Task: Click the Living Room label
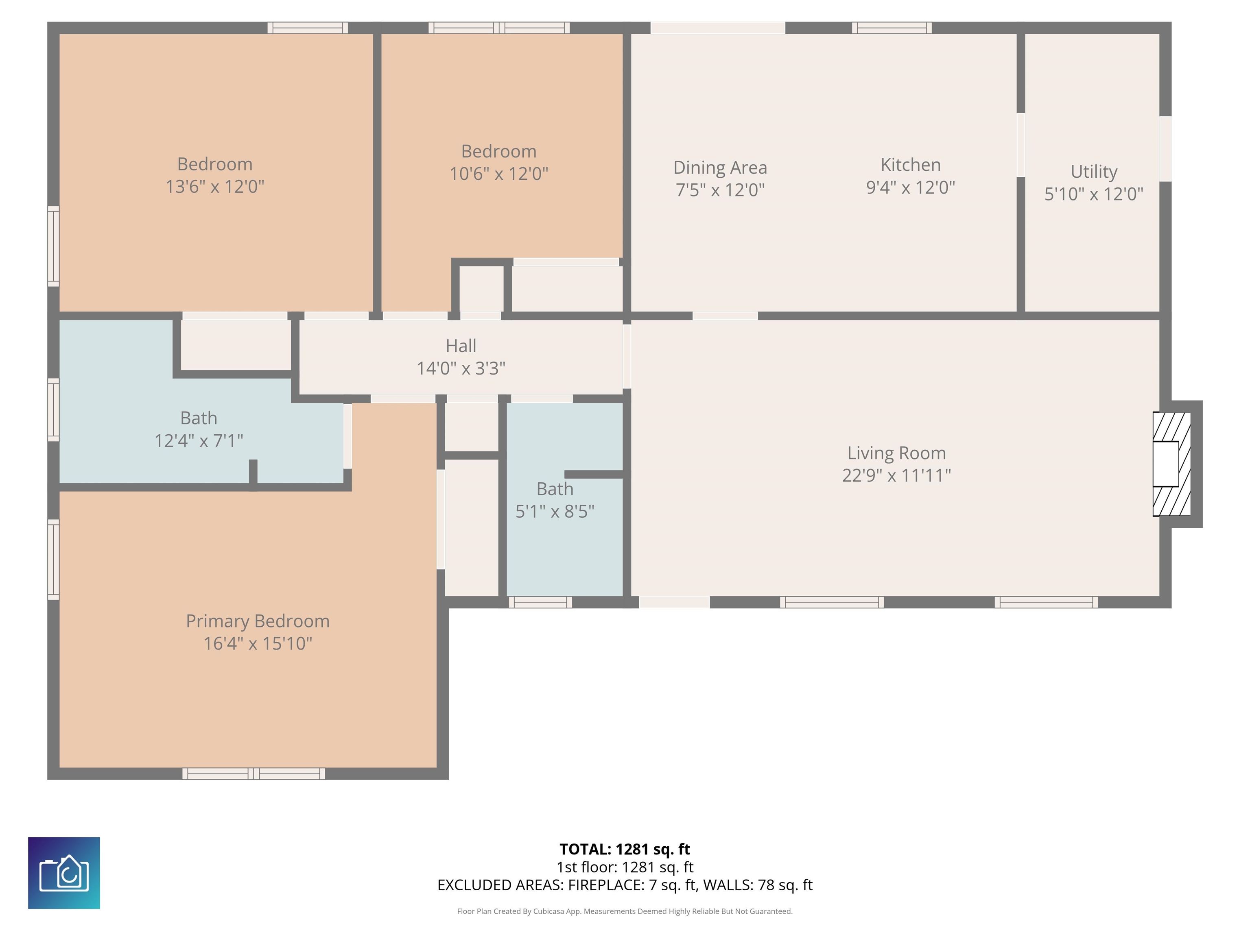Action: (896, 453)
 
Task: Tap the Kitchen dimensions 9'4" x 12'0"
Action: (910, 187)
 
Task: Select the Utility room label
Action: (1094, 171)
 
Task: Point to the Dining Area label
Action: (720, 168)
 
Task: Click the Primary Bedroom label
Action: (258, 621)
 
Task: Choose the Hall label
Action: (461, 346)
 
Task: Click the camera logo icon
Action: (64, 873)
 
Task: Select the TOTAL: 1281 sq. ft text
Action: (625, 849)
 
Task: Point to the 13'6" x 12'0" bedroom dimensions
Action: (215, 186)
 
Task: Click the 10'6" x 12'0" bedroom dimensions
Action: (498, 173)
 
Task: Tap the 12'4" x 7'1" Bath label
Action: (199, 440)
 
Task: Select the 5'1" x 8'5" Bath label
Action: (555, 511)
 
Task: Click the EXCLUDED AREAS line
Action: (625, 885)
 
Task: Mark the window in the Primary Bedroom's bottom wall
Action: (254, 774)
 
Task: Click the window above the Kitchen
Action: (892, 28)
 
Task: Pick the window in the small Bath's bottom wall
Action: (540, 602)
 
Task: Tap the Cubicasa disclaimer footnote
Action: (625, 911)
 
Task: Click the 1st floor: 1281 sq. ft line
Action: (625, 867)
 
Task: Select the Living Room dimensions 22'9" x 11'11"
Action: (896, 475)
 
